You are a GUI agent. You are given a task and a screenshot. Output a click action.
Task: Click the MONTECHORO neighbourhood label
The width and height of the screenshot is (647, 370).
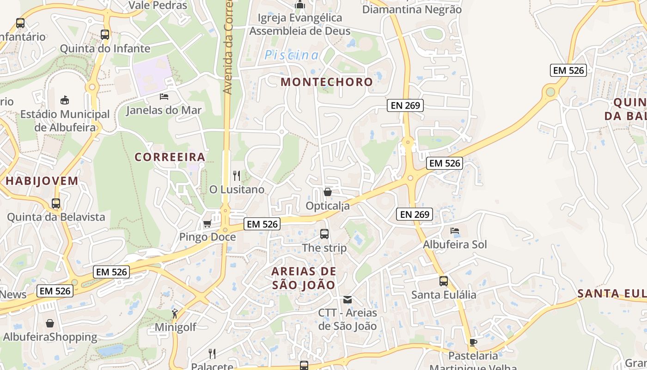(x=327, y=82)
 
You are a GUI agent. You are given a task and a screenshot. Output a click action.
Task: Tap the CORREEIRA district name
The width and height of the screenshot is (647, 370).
(x=170, y=157)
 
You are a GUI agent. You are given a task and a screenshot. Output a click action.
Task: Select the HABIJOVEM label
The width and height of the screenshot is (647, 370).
(x=42, y=181)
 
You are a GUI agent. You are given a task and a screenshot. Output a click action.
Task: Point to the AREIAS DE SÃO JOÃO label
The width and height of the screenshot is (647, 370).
(x=304, y=278)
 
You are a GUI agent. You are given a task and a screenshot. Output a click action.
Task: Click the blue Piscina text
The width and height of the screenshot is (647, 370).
(x=292, y=55)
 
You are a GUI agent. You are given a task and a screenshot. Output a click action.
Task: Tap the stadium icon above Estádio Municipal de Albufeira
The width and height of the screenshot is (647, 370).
(x=65, y=100)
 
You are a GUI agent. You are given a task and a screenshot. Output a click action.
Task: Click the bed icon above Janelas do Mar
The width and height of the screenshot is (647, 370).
(x=164, y=97)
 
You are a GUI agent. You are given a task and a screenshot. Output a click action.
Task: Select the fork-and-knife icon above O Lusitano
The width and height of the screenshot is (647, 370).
(x=237, y=176)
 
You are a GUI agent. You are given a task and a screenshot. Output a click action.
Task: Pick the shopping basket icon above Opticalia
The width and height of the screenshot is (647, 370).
(x=328, y=192)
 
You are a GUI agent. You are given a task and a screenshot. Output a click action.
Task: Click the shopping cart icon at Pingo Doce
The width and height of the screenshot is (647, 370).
(x=207, y=224)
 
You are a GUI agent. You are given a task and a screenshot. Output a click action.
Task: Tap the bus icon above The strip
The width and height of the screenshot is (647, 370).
(x=324, y=234)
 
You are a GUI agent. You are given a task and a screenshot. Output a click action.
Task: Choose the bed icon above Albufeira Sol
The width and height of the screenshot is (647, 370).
(x=455, y=230)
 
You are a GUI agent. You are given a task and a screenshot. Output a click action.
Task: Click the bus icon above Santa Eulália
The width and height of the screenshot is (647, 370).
(x=444, y=281)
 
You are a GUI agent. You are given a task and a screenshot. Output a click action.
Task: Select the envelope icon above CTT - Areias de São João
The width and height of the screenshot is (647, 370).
(x=348, y=300)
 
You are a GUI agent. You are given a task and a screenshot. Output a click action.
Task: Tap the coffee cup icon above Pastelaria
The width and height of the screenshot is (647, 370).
(x=473, y=342)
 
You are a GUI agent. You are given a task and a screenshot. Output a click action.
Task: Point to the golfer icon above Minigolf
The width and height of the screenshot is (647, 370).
(x=175, y=314)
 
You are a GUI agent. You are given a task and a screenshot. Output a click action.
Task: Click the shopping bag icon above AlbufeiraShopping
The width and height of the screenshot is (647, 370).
(x=50, y=323)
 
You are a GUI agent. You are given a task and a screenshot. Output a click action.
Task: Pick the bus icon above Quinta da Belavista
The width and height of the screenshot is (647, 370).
(x=56, y=203)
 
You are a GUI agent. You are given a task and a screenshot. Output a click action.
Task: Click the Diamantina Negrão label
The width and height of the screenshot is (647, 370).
(x=412, y=9)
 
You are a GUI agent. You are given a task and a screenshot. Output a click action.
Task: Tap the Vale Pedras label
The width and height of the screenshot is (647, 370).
(x=158, y=6)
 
